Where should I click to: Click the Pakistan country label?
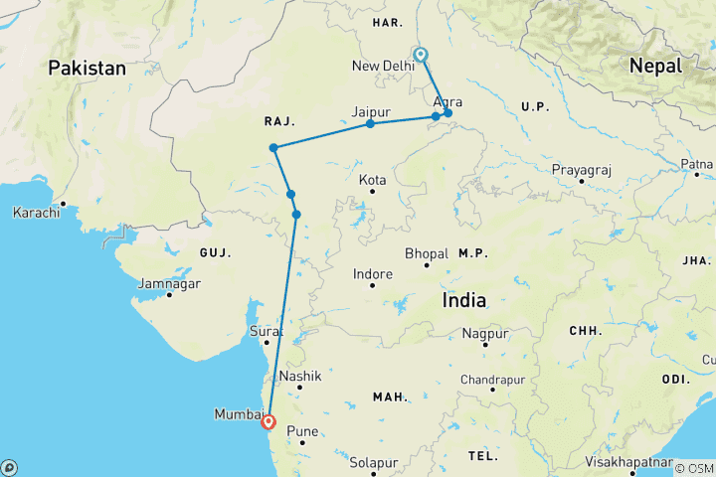click(89, 69)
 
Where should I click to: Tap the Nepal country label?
click(654, 66)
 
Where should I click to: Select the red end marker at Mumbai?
click(268, 421)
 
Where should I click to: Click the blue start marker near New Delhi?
click(421, 56)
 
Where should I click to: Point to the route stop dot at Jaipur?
click(370, 123)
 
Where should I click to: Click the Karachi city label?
click(35, 213)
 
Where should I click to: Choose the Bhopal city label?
click(429, 253)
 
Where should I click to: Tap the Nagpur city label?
click(486, 333)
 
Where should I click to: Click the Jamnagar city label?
click(169, 284)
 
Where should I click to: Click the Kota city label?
click(373, 181)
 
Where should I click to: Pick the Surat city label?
click(266, 332)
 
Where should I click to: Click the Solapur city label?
click(373, 463)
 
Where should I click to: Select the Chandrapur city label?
click(491, 380)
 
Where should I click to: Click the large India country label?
click(464, 300)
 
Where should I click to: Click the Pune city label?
click(301, 431)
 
